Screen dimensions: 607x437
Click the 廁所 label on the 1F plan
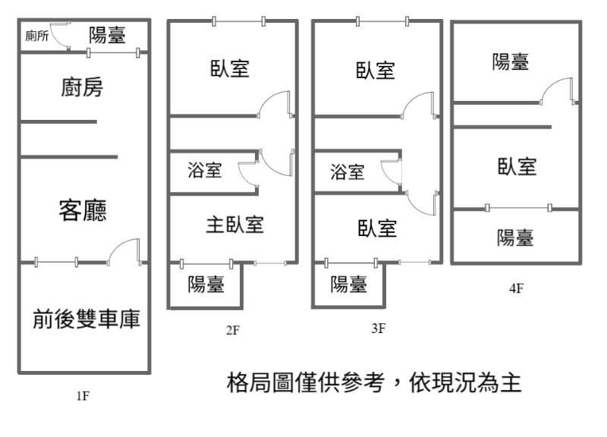(37, 36)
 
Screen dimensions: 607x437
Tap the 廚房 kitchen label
(82, 87)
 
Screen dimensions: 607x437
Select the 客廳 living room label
(83, 211)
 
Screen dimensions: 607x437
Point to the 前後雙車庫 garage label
(86, 319)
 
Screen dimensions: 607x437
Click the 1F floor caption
(83, 396)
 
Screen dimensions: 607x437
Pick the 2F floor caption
(233, 330)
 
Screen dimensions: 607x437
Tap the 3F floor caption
(378, 329)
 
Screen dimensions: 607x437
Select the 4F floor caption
(517, 288)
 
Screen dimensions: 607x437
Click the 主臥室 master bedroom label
(235, 225)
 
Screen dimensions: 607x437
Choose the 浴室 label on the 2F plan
(205, 170)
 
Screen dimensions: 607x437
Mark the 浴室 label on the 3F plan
(348, 172)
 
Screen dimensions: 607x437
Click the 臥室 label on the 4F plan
(517, 167)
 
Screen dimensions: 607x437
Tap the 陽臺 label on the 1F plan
(108, 35)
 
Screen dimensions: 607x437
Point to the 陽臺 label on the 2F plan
(206, 285)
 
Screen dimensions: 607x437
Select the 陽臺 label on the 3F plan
(349, 285)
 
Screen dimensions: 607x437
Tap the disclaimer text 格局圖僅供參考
(306, 382)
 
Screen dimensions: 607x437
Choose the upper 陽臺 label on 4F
(511, 62)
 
